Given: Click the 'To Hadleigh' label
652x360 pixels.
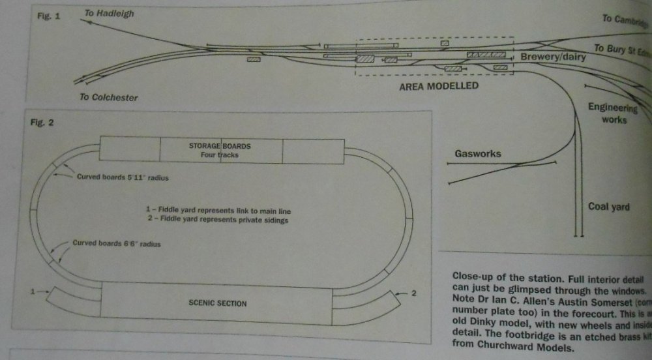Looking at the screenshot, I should tap(109, 13).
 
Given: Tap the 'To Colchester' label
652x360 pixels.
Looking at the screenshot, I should tap(109, 98).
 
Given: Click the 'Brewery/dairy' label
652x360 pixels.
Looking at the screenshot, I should tap(553, 57).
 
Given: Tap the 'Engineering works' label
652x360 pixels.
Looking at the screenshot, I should tap(612, 113).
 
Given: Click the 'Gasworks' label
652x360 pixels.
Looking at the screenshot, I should tap(478, 154).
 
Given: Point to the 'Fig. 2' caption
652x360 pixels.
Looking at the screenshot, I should tap(40, 123).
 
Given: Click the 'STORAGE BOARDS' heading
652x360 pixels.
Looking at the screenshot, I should tap(220, 146).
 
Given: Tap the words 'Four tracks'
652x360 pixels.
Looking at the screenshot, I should tap(220, 155).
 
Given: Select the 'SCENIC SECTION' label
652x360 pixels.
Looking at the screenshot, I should tap(217, 303).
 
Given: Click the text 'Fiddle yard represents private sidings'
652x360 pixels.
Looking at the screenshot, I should tap(222, 220).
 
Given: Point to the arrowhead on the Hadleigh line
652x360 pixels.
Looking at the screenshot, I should tap(85, 22).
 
